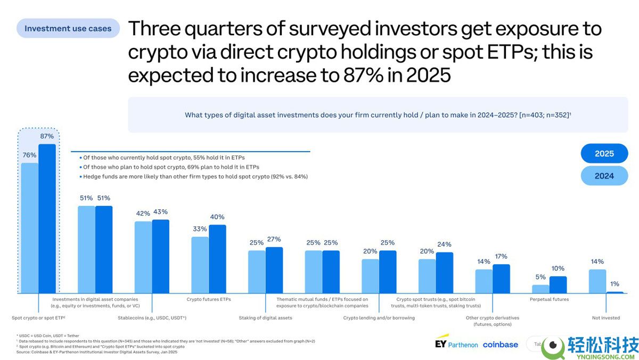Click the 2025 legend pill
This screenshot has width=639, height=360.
tap(604, 153)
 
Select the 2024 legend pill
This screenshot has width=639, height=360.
tap(604, 176)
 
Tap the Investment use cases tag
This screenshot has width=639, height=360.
tap(68, 28)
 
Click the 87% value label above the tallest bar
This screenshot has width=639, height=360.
tap(47, 136)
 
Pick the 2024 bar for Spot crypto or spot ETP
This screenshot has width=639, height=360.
tap(30, 228)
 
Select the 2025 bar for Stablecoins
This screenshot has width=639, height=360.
tap(161, 256)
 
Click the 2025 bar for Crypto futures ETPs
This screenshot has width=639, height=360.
tap(217, 259)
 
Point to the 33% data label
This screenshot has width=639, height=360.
tap(200, 229)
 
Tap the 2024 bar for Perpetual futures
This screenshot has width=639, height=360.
tap(540, 289)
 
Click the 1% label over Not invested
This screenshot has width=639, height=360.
tap(615, 284)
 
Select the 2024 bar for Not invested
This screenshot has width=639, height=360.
tap(597, 281)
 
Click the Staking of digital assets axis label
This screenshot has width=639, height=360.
tap(265, 318)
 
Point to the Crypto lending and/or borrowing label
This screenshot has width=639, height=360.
tap(379, 318)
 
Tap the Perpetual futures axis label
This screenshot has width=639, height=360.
tap(549, 299)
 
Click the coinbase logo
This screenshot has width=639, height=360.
tap(501, 345)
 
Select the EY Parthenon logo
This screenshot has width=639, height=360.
tap(456, 342)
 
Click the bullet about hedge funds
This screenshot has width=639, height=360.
tap(194, 177)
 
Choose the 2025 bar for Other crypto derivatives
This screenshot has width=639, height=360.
tap(501, 279)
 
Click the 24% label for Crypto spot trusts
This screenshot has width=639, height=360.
tap(444, 244)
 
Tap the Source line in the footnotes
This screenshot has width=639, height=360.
tap(97, 352)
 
